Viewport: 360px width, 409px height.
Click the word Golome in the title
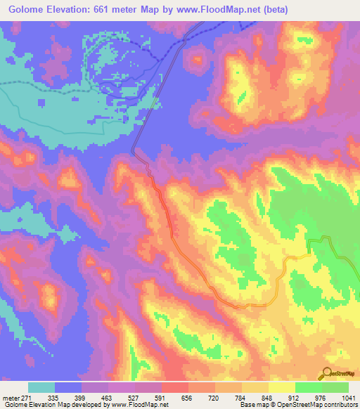[x=29, y=10]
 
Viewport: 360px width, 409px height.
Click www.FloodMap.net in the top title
[x=228, y=10]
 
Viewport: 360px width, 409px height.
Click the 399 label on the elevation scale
[x=81, y=398]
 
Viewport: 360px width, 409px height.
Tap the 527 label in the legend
[x=134, y=398]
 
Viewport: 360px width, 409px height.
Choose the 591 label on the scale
[x=161, y=398]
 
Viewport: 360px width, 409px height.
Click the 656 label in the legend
[x=188, y=398]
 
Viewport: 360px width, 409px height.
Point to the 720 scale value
[x=214, y=398]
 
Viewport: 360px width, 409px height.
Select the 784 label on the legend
[x=241, y=398]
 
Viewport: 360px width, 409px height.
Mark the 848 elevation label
[x=268, y=398]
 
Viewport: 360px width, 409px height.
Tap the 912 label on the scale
[x=295, y=398]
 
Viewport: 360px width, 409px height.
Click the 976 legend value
[x=321, y=398]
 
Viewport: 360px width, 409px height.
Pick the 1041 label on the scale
[x=347, y=398]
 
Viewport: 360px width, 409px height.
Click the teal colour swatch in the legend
[x=41, y=387]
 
